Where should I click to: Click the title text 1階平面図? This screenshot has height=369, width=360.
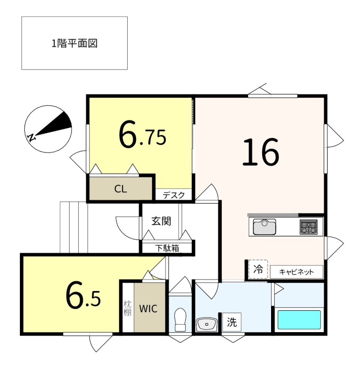coord(74,43)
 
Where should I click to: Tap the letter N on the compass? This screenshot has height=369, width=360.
coord(31,137)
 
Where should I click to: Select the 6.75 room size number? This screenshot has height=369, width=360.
coord(142,134)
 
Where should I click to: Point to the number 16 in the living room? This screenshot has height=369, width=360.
coord(261,152)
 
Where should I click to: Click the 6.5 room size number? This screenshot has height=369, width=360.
coord(83,296)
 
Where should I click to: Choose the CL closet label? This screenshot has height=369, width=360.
coord(121,189)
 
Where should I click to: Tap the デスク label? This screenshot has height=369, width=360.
coord(174,195)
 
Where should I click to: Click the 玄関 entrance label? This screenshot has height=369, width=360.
coord(161,221)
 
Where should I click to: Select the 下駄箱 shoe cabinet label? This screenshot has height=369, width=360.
coord(167,248)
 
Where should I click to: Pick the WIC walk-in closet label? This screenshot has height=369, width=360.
coord(148,309)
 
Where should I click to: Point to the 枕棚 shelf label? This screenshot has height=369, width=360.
coord(127,308)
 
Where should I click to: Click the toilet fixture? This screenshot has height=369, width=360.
coord(180,320)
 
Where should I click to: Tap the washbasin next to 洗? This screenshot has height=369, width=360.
coord(207,324)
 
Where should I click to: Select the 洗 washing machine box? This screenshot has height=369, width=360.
coord(232,322)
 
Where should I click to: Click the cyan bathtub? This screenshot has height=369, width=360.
coord(299,320)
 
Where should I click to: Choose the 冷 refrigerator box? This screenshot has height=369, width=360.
coord(258,269)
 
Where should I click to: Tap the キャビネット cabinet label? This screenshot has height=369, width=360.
coord(296,272)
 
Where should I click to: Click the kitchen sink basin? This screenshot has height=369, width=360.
coord(265,227)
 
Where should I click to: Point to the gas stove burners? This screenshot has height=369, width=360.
coord(308,227)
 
